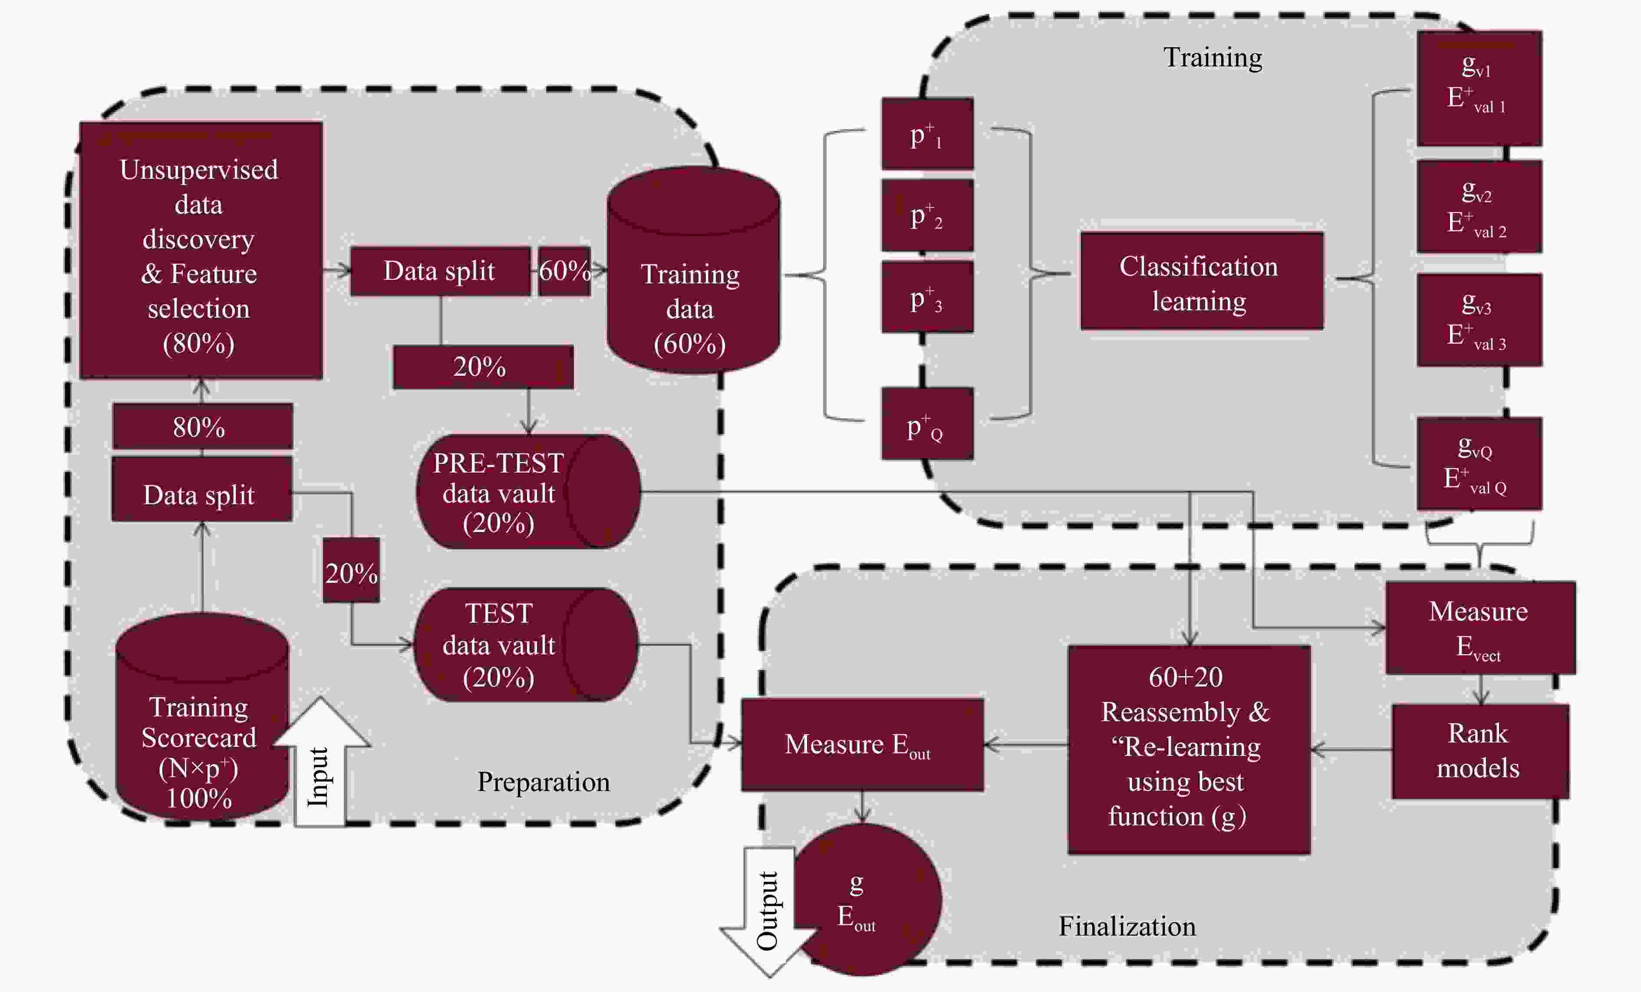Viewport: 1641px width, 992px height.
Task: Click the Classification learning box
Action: (x=1202, y=281)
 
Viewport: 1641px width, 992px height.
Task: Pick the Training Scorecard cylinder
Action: (x=202, y=716)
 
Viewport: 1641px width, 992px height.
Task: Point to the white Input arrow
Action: (x=321, y=762)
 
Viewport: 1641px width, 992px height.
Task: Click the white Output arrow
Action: (x=769, y=912)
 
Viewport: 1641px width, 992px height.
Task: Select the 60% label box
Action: (x=564, y=271)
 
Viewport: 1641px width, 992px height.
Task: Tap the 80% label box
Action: (x=202, y=426)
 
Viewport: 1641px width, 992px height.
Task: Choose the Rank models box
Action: (x=1480, y=751)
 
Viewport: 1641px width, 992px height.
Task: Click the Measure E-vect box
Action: (x=1480, y=628)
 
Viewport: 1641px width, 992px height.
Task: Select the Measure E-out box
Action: (x=863, y=744)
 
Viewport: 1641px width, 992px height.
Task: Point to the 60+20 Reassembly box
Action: (x=1189, y=749)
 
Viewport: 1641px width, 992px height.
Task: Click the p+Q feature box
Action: (x=927, y=424)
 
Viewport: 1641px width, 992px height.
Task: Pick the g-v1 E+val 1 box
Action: (x=1479, y=88)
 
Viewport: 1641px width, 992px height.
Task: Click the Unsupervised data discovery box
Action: (x=201, y=250)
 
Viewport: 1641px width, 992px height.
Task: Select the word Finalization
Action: (x=1127, y=926)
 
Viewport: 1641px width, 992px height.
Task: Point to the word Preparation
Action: (x=544, y=782)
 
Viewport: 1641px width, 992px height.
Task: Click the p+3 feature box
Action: (x=927, y=297)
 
